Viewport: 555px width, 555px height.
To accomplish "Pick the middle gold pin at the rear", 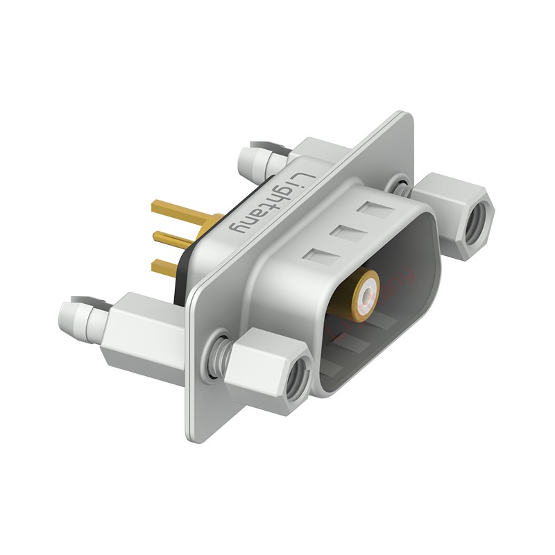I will coord(173,238).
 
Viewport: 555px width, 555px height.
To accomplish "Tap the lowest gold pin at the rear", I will coord(166,266).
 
